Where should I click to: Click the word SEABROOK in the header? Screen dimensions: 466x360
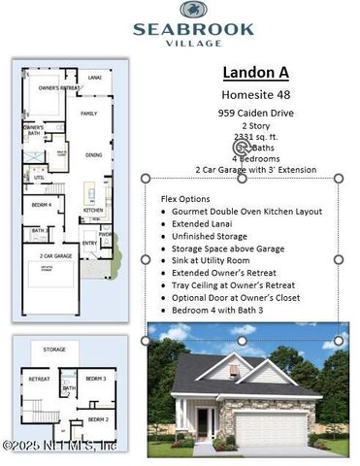[193, 28]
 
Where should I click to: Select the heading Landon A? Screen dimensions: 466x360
[255, 73]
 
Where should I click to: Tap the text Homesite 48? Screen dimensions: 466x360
[255, 95]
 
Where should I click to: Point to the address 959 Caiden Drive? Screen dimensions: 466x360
[255, 114]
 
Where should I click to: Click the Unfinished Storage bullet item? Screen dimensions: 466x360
[210, 236]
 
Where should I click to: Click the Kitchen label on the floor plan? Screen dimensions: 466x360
[92, 210]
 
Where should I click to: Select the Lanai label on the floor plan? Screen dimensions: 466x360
[95, 76]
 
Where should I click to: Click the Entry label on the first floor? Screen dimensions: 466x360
[89, 244]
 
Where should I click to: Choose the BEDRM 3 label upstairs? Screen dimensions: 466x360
[95, 378]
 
